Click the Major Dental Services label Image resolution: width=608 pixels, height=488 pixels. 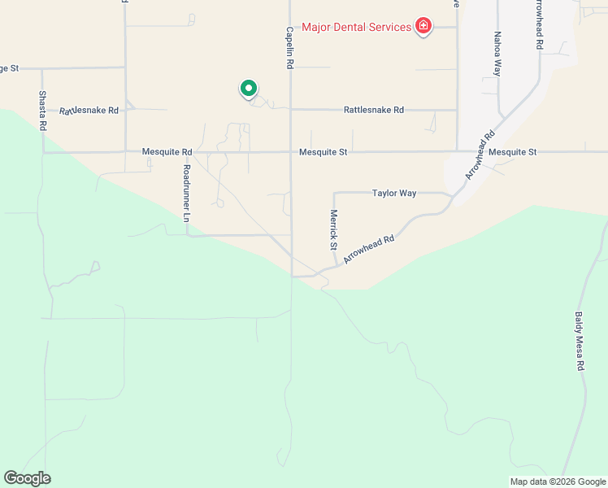click(356, 28)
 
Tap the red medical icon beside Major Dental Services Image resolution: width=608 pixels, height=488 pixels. click(423, 28)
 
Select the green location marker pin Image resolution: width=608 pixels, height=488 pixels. click(248, 88)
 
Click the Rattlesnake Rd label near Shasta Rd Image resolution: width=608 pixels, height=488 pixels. click(89, 110)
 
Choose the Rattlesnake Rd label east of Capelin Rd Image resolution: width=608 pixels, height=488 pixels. click(373, 110)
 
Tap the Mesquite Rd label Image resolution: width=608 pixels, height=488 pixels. click(167, 152)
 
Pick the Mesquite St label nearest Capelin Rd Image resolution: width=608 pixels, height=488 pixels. click(323, 152)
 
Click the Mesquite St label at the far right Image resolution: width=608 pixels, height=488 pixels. click(513, 152)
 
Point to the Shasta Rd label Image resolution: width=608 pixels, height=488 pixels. click(43, 111)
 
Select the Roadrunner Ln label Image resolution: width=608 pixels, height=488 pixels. click(186, 194)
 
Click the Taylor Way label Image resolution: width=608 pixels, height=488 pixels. click(394, 194)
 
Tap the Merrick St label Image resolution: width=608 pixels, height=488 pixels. click(333, 229)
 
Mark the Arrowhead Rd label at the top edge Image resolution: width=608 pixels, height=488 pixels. click(538, 24)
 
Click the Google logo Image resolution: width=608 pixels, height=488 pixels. click(27, 478)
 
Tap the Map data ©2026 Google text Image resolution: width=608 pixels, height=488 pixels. click(557, 481)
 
